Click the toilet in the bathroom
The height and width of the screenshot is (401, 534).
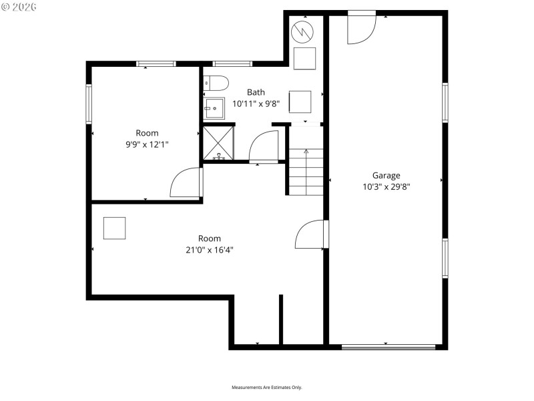pyautogui.click(x=216, y=83)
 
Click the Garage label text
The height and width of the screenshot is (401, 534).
pyautogui.click(x=386, y=176)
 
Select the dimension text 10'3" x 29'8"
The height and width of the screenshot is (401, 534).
pyautogui.click(x=386, y=187)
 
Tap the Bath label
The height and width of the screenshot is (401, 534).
pyautogui.click(x=256, y=92)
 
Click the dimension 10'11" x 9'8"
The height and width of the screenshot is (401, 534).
pyautogui.click(x=256, y=104)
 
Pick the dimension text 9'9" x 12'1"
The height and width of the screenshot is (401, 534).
pyautogui.click(x=147, y=144)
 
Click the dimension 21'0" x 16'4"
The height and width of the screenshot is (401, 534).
pyautogui.click(x=209, y=250)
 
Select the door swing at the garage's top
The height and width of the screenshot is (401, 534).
pyautogui.click(x=361, y=28)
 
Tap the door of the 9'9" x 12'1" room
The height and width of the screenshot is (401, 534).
pyautogui.click(x=186, y=182)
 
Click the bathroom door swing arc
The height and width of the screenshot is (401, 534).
pyautogui.click(x=264, y=147)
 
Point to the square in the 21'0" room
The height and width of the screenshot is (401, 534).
pyautogui.click(x=115, y=228)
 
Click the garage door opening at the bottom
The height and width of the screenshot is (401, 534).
pyautogui.click(x=388, y=347)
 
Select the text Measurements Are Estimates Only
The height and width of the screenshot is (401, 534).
pyautogui.click(x=267, y=388)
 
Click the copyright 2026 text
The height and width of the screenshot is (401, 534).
pyautogui.click(x=19, y=7)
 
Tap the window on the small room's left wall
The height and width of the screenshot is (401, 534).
pyautogui.click(x=88, y=104)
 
